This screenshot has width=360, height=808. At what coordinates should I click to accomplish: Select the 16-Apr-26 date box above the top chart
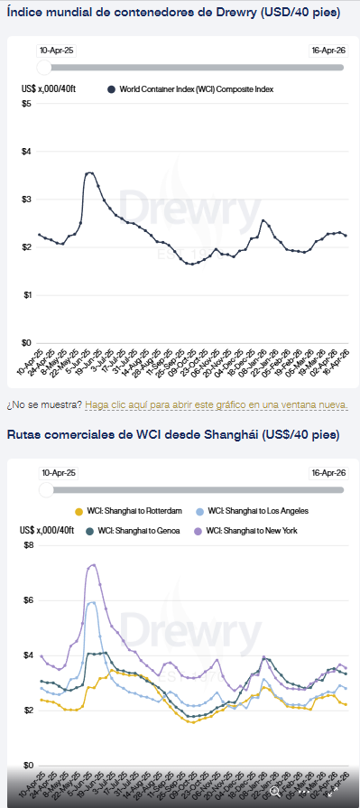[x=328, y=51]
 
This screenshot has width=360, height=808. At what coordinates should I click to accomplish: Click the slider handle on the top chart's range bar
[x=44, y=67]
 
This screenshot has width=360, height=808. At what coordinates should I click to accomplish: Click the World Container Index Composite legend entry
[x=189, y=89]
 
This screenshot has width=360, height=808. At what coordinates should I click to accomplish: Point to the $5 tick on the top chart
[x=27, y=104]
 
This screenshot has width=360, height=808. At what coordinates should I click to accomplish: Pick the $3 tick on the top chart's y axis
[x=27, y=200]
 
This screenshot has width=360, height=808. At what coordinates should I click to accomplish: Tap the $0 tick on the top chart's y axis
[x=27, y=343]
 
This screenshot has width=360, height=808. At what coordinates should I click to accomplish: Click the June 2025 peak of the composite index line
[x=89, y=172]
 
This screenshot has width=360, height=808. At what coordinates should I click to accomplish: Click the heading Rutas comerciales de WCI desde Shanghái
[x=173, y=435]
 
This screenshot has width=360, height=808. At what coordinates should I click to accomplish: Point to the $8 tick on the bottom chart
[x=27, y=545]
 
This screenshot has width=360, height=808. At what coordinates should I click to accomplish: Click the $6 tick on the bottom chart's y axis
[x=27, y=600]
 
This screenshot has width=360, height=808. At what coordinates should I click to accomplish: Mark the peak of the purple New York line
[x=93, y=565]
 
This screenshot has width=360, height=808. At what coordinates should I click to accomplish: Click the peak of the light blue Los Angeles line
[x=91, y=602]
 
